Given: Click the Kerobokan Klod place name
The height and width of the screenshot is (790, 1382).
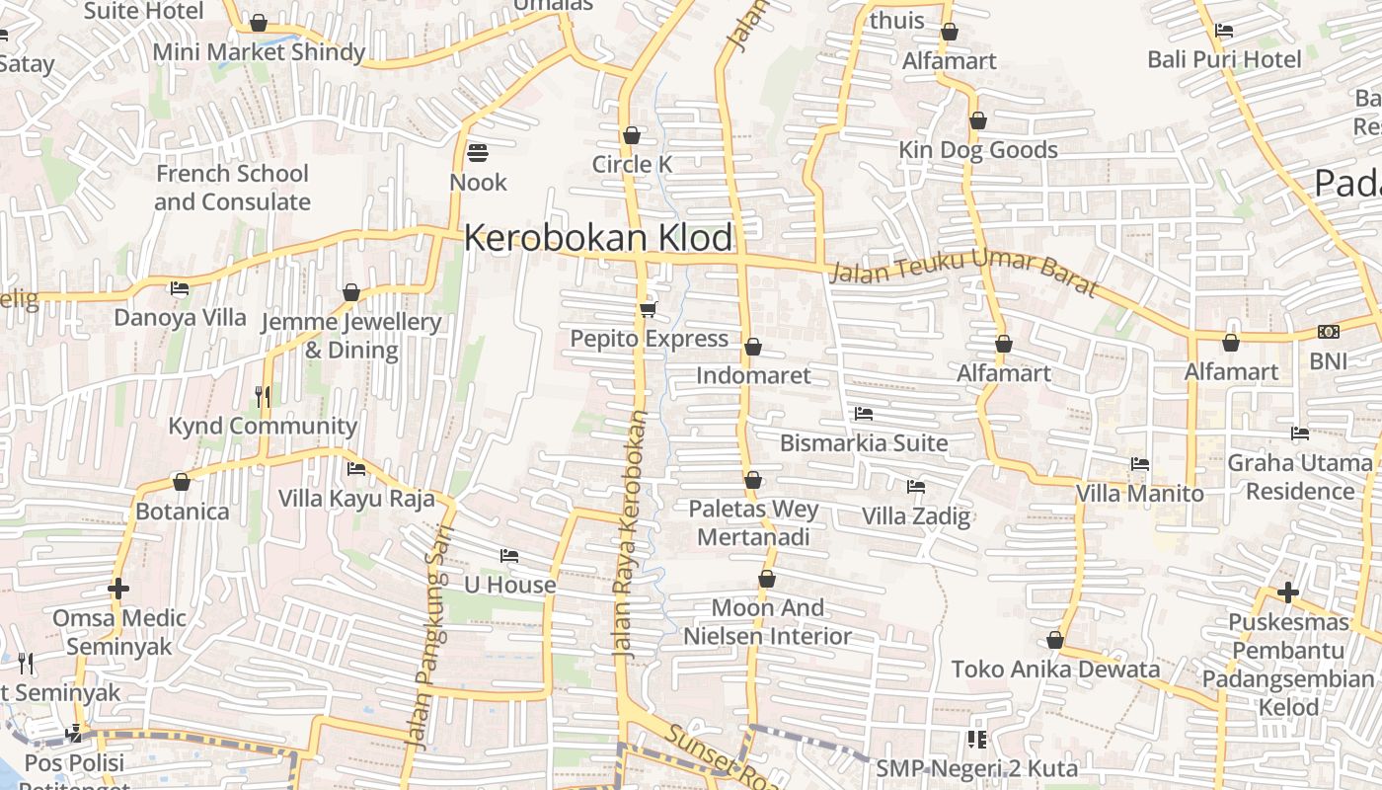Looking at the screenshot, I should tap(598, 238).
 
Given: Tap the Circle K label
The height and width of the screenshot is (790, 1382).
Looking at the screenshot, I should tap(632, 164).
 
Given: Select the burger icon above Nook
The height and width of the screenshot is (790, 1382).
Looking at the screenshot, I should tap(478, 153).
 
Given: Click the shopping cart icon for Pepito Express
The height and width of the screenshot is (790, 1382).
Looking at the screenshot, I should tap(649, 310).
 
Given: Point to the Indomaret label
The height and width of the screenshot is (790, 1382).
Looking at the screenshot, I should tap(753, 375).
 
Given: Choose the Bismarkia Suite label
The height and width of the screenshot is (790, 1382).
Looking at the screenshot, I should tap(864, 442).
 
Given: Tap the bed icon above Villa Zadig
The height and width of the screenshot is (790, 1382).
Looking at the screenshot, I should tap(916, 487).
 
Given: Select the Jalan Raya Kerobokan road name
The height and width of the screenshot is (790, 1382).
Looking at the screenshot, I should tap(633, 533).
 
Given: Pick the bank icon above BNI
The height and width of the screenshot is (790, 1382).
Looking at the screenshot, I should tap(1328, 332).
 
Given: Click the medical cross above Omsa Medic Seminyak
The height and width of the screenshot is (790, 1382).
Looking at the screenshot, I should tap(118, 590).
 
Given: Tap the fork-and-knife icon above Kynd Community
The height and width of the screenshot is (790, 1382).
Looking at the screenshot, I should tap(263, 397).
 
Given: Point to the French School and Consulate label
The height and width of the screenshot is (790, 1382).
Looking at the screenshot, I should tap(233, 188).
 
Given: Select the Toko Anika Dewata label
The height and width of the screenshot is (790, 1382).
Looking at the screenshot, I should tap(1056, 670).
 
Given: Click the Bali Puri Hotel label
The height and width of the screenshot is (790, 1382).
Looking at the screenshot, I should tap(1224, 59).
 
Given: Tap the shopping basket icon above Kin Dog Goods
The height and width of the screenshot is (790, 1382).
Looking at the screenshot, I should tap(977, 121).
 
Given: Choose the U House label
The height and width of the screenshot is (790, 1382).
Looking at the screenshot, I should tap(510, 585).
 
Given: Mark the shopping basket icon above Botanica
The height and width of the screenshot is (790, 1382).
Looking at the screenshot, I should tap(182, 483).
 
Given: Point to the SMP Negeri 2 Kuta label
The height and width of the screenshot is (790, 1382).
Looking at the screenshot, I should tap(977, 768).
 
